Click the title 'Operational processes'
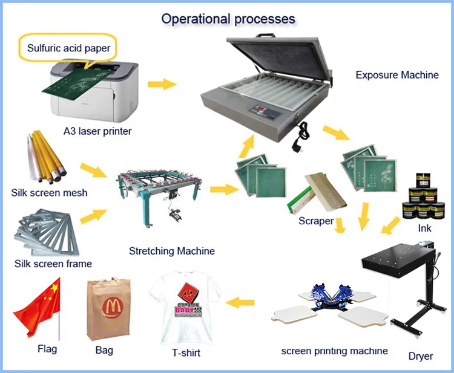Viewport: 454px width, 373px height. [x=228, y=19]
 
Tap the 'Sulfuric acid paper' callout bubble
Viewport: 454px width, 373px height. [x=68, y=48]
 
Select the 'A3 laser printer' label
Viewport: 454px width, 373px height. [x=97, y=131]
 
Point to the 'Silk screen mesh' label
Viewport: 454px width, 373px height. [x=49, y=193]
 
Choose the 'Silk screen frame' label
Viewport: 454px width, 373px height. [x=53, y=264]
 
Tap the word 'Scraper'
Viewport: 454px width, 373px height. [x=316, y=221]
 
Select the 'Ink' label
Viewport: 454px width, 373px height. [x=424, y=229]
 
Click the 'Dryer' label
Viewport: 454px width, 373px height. [x=420, y=356]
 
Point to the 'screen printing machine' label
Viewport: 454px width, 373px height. [x=334, y=351]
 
